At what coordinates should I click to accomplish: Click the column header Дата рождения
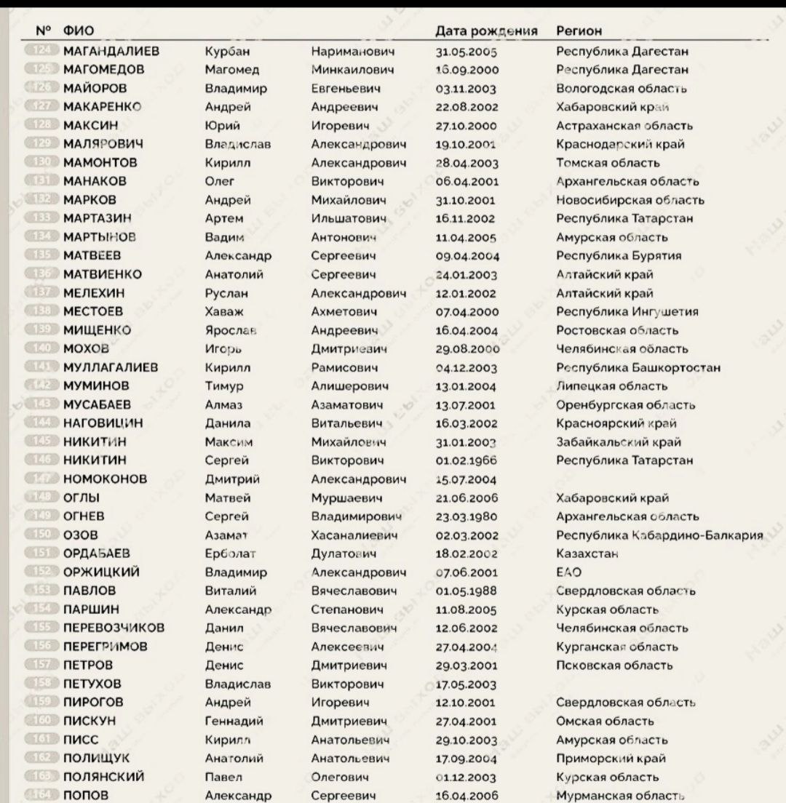pyautogui.click(x=486, y=31)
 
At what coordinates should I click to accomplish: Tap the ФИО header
pyautogui.click(x=78, y=31)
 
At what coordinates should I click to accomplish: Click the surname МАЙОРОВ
pyautogui.click(x=95, y=89)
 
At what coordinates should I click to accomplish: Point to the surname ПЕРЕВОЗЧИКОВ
pyautogui.click(x=114, y=628)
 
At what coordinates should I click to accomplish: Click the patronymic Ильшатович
pyautogui.click(x=348, y=218)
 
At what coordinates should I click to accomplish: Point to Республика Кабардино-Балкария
pyautogui.click(x=659, y=535)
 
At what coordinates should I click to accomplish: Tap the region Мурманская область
pyautogui.click(x=621, y=796)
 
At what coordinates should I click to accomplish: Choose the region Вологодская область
pyautogui.click(x=622, y=89)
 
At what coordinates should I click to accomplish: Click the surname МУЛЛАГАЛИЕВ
pyautogui.click(x=111, y=367)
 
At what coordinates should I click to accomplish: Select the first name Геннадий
pyautogui.click(x=234, y=721)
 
